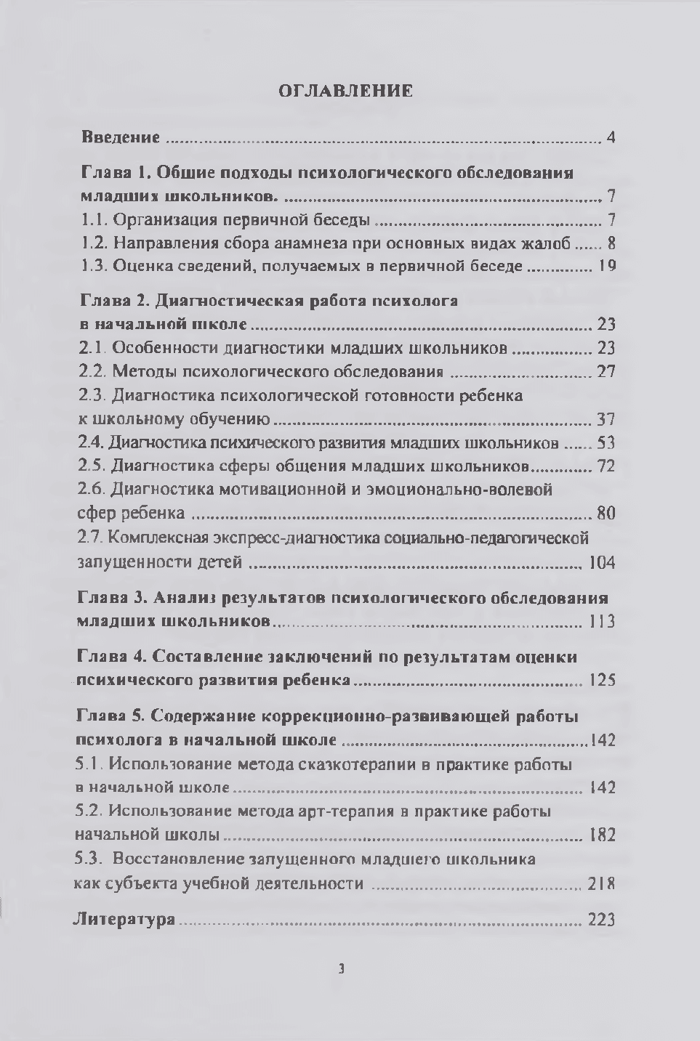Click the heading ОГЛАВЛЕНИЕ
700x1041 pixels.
(x=345, y=91)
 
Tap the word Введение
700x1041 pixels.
(x=120, y=137)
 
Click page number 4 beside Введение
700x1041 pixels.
(x=611, y=137)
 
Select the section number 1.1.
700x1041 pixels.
(x=93, y=220)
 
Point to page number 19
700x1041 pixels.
(x=606, y=267)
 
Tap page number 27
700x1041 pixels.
(x=606, y=372)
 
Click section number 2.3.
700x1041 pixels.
(x=92, y=396)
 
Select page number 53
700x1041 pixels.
(x=606, y=442)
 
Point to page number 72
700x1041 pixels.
(x=606, y=466)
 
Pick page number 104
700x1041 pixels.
(x=603, y=563)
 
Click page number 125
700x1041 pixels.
(x=603, y=681)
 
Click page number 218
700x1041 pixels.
(x=603, y=884)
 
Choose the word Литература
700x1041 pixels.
(x=125, y=920)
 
